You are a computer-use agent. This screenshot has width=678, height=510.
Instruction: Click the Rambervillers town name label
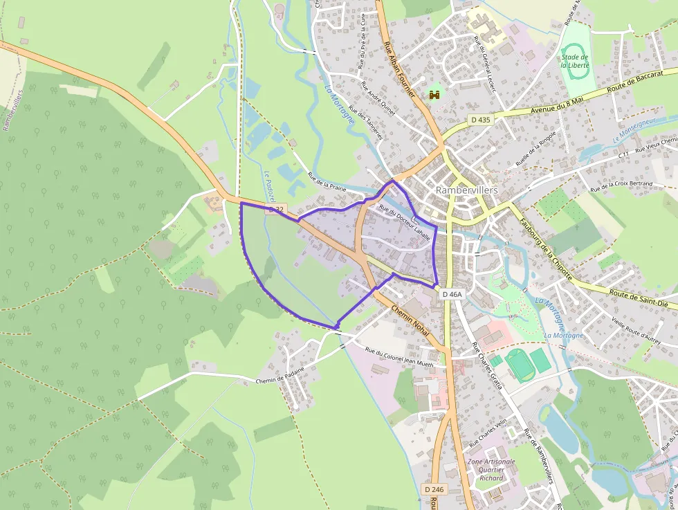(467, 190)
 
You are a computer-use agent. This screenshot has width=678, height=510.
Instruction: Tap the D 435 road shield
(479, 120)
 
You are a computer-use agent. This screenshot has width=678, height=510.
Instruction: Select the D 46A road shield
(451, 294)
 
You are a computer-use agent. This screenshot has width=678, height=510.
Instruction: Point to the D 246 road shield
(433, 489)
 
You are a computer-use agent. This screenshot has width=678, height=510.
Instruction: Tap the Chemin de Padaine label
(280, 375)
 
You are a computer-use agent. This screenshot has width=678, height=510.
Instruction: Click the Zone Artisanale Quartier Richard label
(491, 470)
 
